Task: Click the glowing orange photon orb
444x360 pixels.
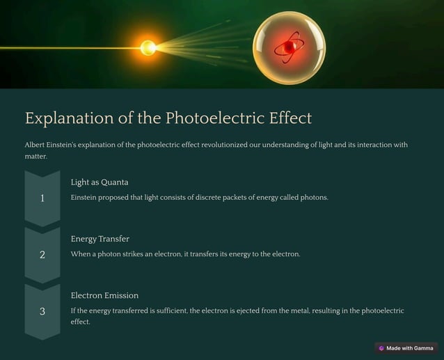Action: (x=148, y=48)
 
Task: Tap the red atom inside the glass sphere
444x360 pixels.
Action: (x=288, y=47)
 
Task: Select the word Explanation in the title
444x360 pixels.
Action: (x=70, y=118)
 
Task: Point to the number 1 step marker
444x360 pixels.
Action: (x=42, y=198)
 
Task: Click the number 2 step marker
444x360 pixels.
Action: (x=42, y=255)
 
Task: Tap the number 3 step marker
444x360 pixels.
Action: (x=42, y=311)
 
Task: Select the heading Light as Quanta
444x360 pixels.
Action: (x=100, y=182)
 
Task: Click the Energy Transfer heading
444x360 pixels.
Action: (x=100, y=239)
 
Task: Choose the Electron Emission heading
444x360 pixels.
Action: (x=104, y=295)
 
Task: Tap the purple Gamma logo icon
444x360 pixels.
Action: (x=381, y=348)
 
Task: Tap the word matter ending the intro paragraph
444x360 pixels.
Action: (x=35, y=157)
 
